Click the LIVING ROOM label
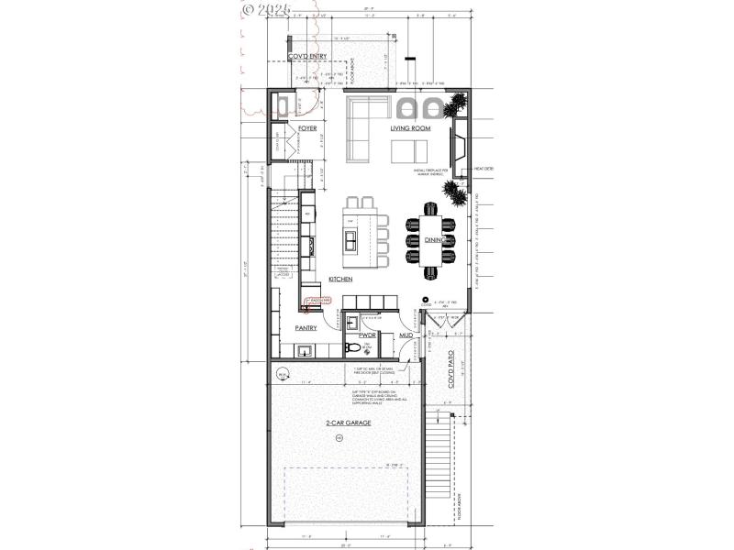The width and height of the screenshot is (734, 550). (410, 128)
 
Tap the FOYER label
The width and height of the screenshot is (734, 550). (307, 128)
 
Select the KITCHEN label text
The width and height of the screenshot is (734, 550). (341, 279)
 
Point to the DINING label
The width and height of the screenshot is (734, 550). (434, 240)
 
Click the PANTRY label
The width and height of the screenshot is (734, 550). (306, 327)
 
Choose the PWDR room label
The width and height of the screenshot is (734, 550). (355, 335)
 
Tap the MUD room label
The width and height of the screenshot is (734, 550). (406, 336)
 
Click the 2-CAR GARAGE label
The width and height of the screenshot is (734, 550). (348, 423)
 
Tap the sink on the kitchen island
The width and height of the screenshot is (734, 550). (351, 241)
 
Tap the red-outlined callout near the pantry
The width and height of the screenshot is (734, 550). (317, 301)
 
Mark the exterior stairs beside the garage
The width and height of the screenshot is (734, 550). (450, 449)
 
